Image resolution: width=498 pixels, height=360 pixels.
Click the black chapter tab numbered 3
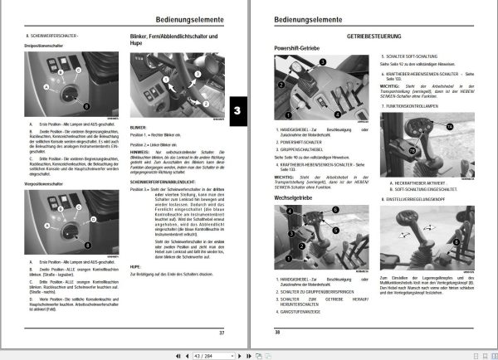click(237, 111)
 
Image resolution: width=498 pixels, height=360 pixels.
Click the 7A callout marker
click(474, 125)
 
